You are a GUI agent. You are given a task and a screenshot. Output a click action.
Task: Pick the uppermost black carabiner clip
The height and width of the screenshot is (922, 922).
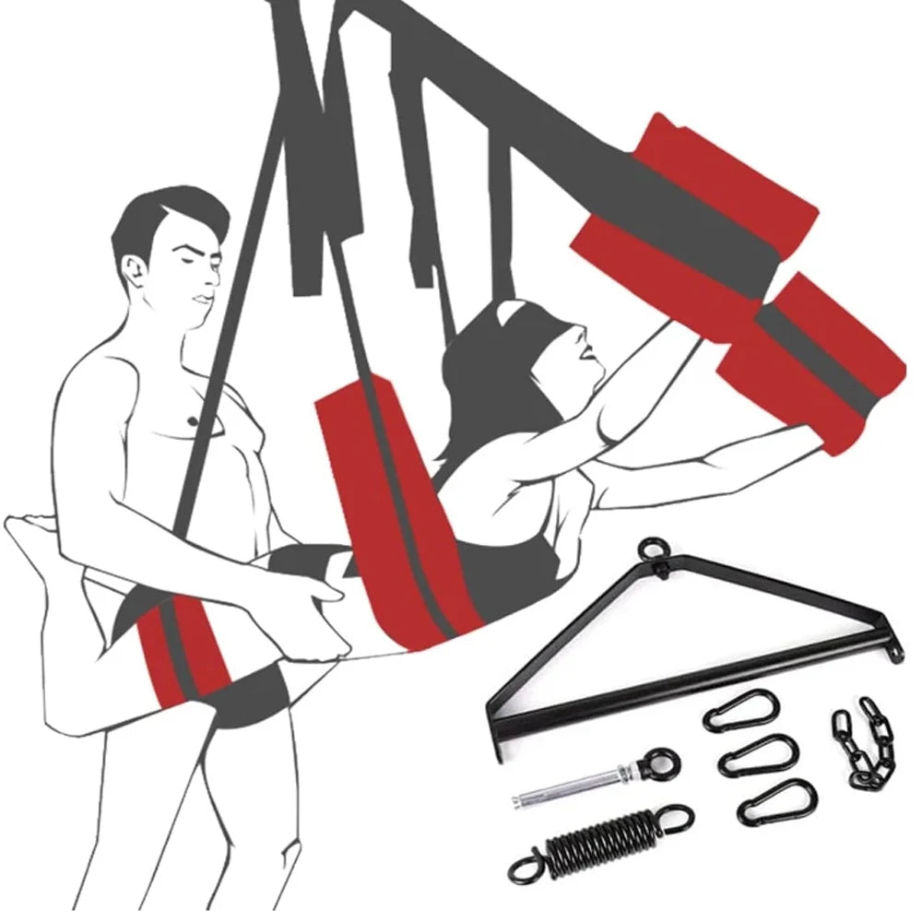[741, 710]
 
